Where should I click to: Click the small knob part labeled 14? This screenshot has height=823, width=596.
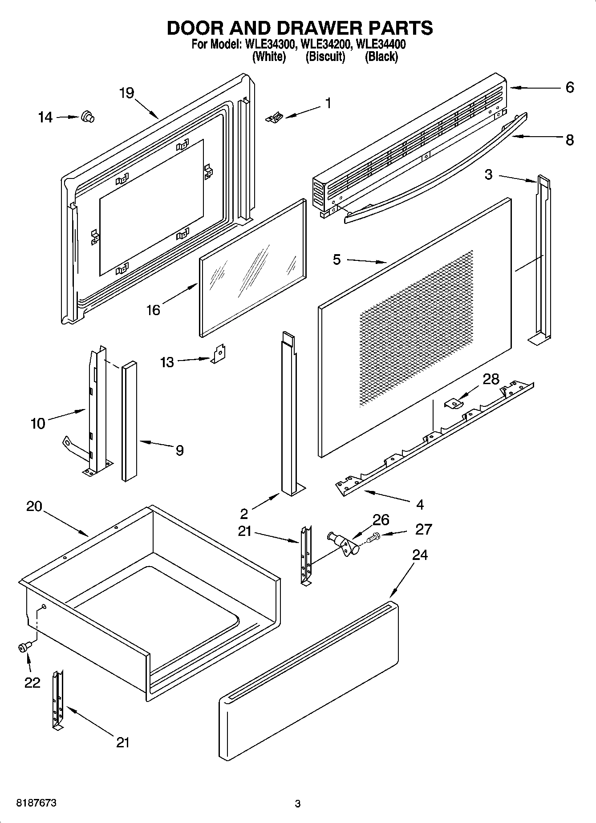88,118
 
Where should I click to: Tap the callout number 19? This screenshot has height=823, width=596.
126,93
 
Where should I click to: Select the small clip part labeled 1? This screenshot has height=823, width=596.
274,118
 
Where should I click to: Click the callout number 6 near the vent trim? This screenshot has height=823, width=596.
570,87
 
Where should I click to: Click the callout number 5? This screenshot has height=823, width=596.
337,259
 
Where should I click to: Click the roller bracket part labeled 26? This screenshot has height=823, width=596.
345,544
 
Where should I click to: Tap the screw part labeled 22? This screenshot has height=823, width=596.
24,648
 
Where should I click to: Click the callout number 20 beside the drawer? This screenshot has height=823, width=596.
34,507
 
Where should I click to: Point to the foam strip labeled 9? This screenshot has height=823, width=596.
129,421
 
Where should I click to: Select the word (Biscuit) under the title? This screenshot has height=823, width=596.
325,57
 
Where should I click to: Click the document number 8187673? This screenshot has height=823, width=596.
36,803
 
